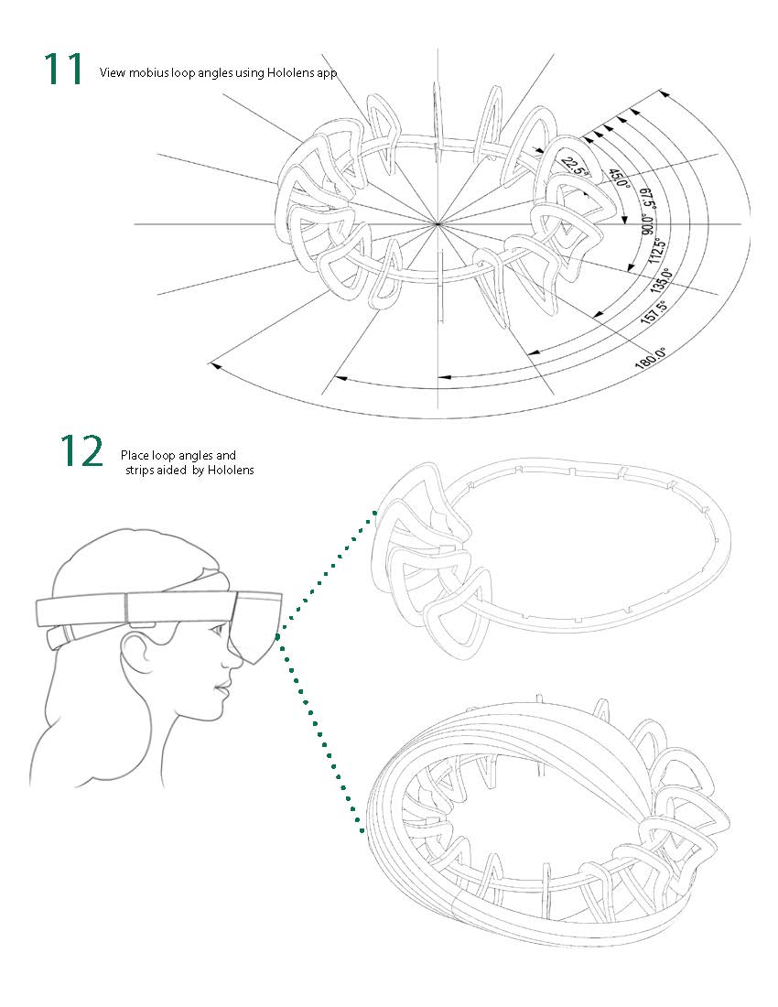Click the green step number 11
pos(63,70)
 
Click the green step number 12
pos(81,450)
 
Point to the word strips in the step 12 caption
pos(141,470)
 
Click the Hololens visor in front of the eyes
pos(258,623)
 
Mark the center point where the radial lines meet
pos(438,222)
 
